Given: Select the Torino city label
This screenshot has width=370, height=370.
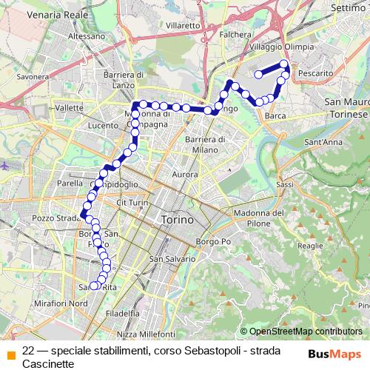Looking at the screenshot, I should [x=176, y=220].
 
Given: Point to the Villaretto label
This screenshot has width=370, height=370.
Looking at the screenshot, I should [x=184, y=24].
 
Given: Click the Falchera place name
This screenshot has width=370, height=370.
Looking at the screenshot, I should [x=235, y=34].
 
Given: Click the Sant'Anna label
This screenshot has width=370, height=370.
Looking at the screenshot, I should [x=323, y=141].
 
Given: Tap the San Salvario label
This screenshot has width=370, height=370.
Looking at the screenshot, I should [x=172, y=259].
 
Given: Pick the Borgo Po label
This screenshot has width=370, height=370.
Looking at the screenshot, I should [x=215, y=242].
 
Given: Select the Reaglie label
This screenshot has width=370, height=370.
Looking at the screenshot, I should [x=310, y=245].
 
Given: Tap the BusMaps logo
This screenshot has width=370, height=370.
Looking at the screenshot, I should [x=334, y=354].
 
